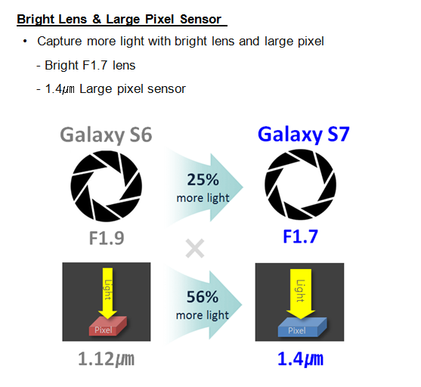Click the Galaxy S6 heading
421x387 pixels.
coord(106,135)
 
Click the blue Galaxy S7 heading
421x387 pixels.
coord(303,135)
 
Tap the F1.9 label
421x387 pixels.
coord(107,238)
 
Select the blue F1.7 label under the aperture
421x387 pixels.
coord(301,237)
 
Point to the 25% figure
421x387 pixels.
coord(203,180)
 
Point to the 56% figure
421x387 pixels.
coord(203,297)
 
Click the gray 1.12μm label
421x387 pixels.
coord(106,359)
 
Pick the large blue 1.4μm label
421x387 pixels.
coord(300,359)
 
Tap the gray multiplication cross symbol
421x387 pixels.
coord(195,249)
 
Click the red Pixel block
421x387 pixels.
coord(107,327)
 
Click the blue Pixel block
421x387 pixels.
coord(302,327)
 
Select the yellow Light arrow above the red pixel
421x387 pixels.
coord(107,293)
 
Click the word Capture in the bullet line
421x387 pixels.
coord(60,42)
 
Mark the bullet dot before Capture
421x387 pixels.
coord(25,42)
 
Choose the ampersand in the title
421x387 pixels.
coord(97,20)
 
